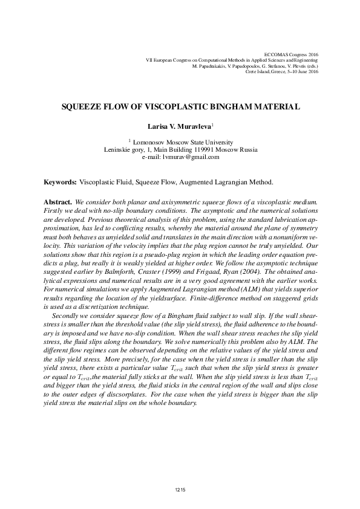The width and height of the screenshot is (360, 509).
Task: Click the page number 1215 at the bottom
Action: (x=180, y=489)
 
